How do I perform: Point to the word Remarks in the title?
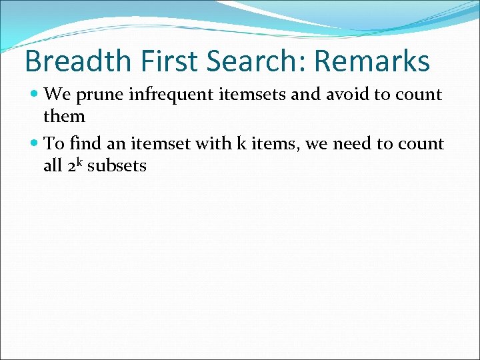click(372, 61)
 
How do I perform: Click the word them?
click(64, 117)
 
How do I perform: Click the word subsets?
click(117, 165)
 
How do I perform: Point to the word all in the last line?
click(53, 165)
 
